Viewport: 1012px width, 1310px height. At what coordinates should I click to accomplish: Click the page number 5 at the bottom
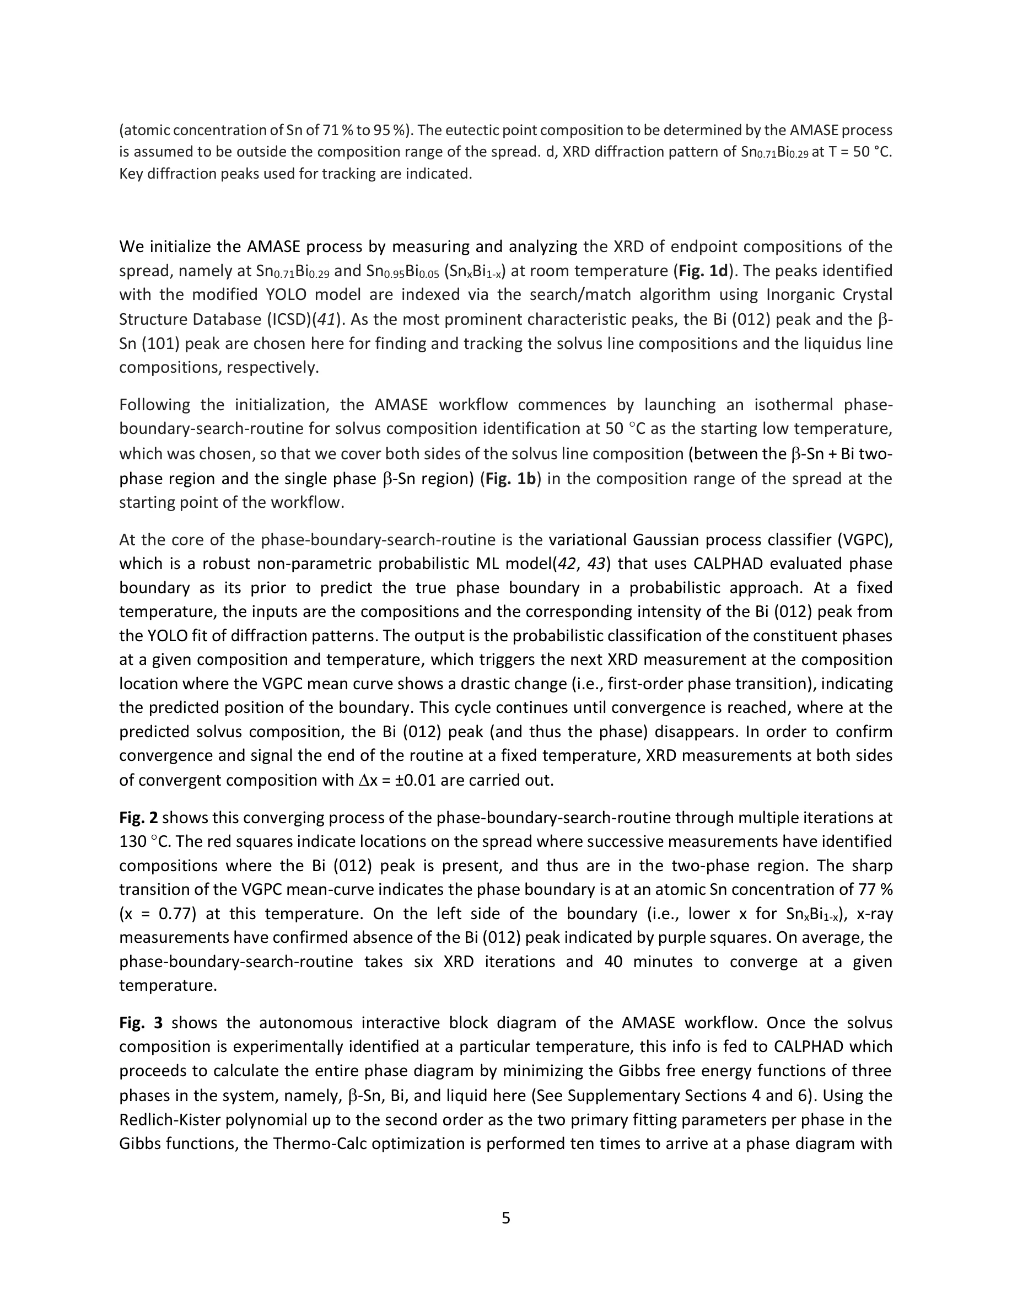[x=505, y=1217]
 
